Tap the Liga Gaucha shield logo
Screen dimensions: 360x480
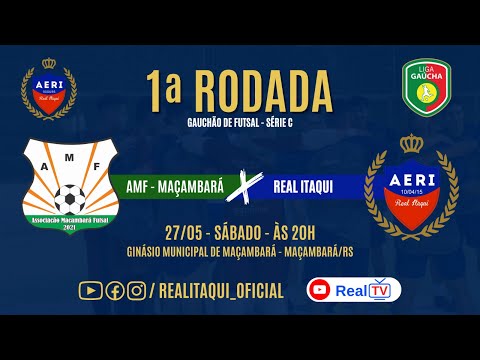click(x=425, y=88)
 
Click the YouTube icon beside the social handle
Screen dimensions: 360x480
click(x=90, y=290)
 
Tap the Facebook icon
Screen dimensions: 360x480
click(x=114, y=290)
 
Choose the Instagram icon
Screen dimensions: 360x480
click(x=136, y=290)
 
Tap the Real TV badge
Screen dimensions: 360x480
click(x=353, y=290)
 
